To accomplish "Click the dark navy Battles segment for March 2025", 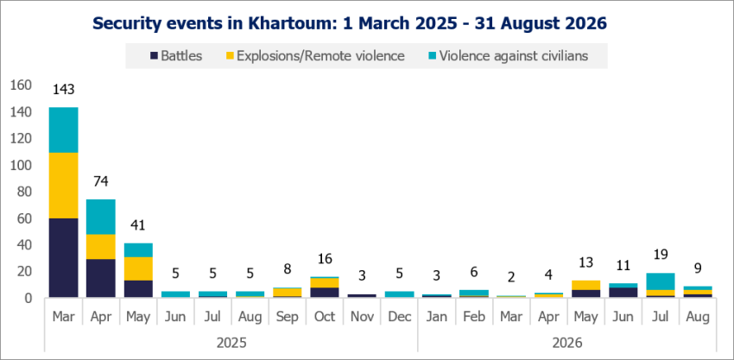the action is click(x=63, y=257).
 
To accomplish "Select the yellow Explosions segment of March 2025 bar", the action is click(x=63, y=186).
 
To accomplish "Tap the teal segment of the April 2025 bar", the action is click(x=101, y=217).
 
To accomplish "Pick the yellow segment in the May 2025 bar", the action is click(x=137, y=268).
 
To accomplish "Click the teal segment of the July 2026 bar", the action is click(x=660, y=281).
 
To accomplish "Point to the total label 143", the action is click(x=63, y=90).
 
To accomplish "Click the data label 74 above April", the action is click(x=101, y=181).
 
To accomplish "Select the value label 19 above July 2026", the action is click(x=660, y=255).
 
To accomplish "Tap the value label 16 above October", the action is click(x=325, y=258).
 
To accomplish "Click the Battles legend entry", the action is click(x=176, y=56).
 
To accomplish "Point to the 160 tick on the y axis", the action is click(x=22, y=85).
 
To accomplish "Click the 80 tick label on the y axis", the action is click(x=25, y=192).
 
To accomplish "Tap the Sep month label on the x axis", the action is click(x=287, y=317).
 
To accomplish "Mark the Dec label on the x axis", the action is click(x=399, y=317).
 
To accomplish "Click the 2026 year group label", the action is click(x=566, y=343).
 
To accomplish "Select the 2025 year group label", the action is click(x=231, y=343).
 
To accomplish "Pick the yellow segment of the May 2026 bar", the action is click(x=585, y=285).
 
